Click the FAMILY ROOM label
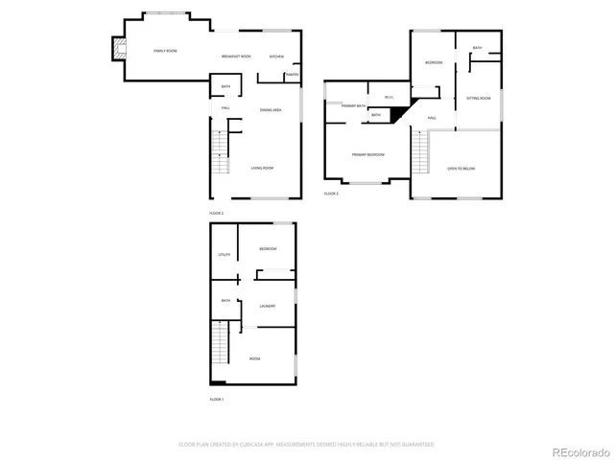(x=166, y=50)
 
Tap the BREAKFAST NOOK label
(x=236, y=57)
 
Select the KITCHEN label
(x=276, y=57)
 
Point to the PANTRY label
(x=292, y=74)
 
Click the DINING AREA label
(x=271, y=110)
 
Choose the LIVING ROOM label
(x=262, y=168)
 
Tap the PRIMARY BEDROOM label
(x=368, y=154)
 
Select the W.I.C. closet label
(x=389, y=97)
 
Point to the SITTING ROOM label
(x=479, y=98)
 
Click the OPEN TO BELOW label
(x=460, y=168)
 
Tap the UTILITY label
(x=224, y=255)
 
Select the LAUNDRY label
(x=268, y=306)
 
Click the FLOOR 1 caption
(x=216, y=399)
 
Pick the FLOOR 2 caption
(x=216, y=213)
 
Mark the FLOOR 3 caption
(x=331, y=194)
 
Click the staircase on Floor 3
(x=419, y=153)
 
